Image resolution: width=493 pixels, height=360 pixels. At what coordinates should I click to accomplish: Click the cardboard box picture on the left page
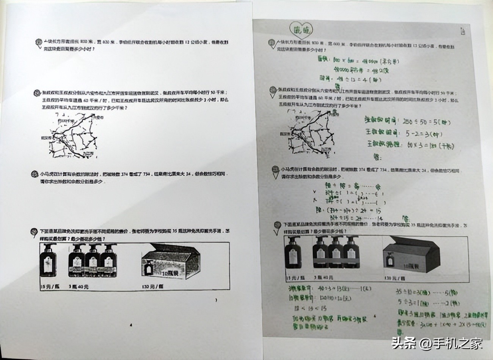[x=170, y=263]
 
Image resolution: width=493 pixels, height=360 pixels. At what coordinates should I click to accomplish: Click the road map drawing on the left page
[x=74, y=135]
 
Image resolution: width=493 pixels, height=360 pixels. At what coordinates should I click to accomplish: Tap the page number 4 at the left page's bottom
[x=130, y=325]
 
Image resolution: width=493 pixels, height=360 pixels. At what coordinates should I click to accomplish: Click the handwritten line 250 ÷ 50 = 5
[x=408, y=122]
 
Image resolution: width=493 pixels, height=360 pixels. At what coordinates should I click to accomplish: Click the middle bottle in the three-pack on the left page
[x=92, y=261]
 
